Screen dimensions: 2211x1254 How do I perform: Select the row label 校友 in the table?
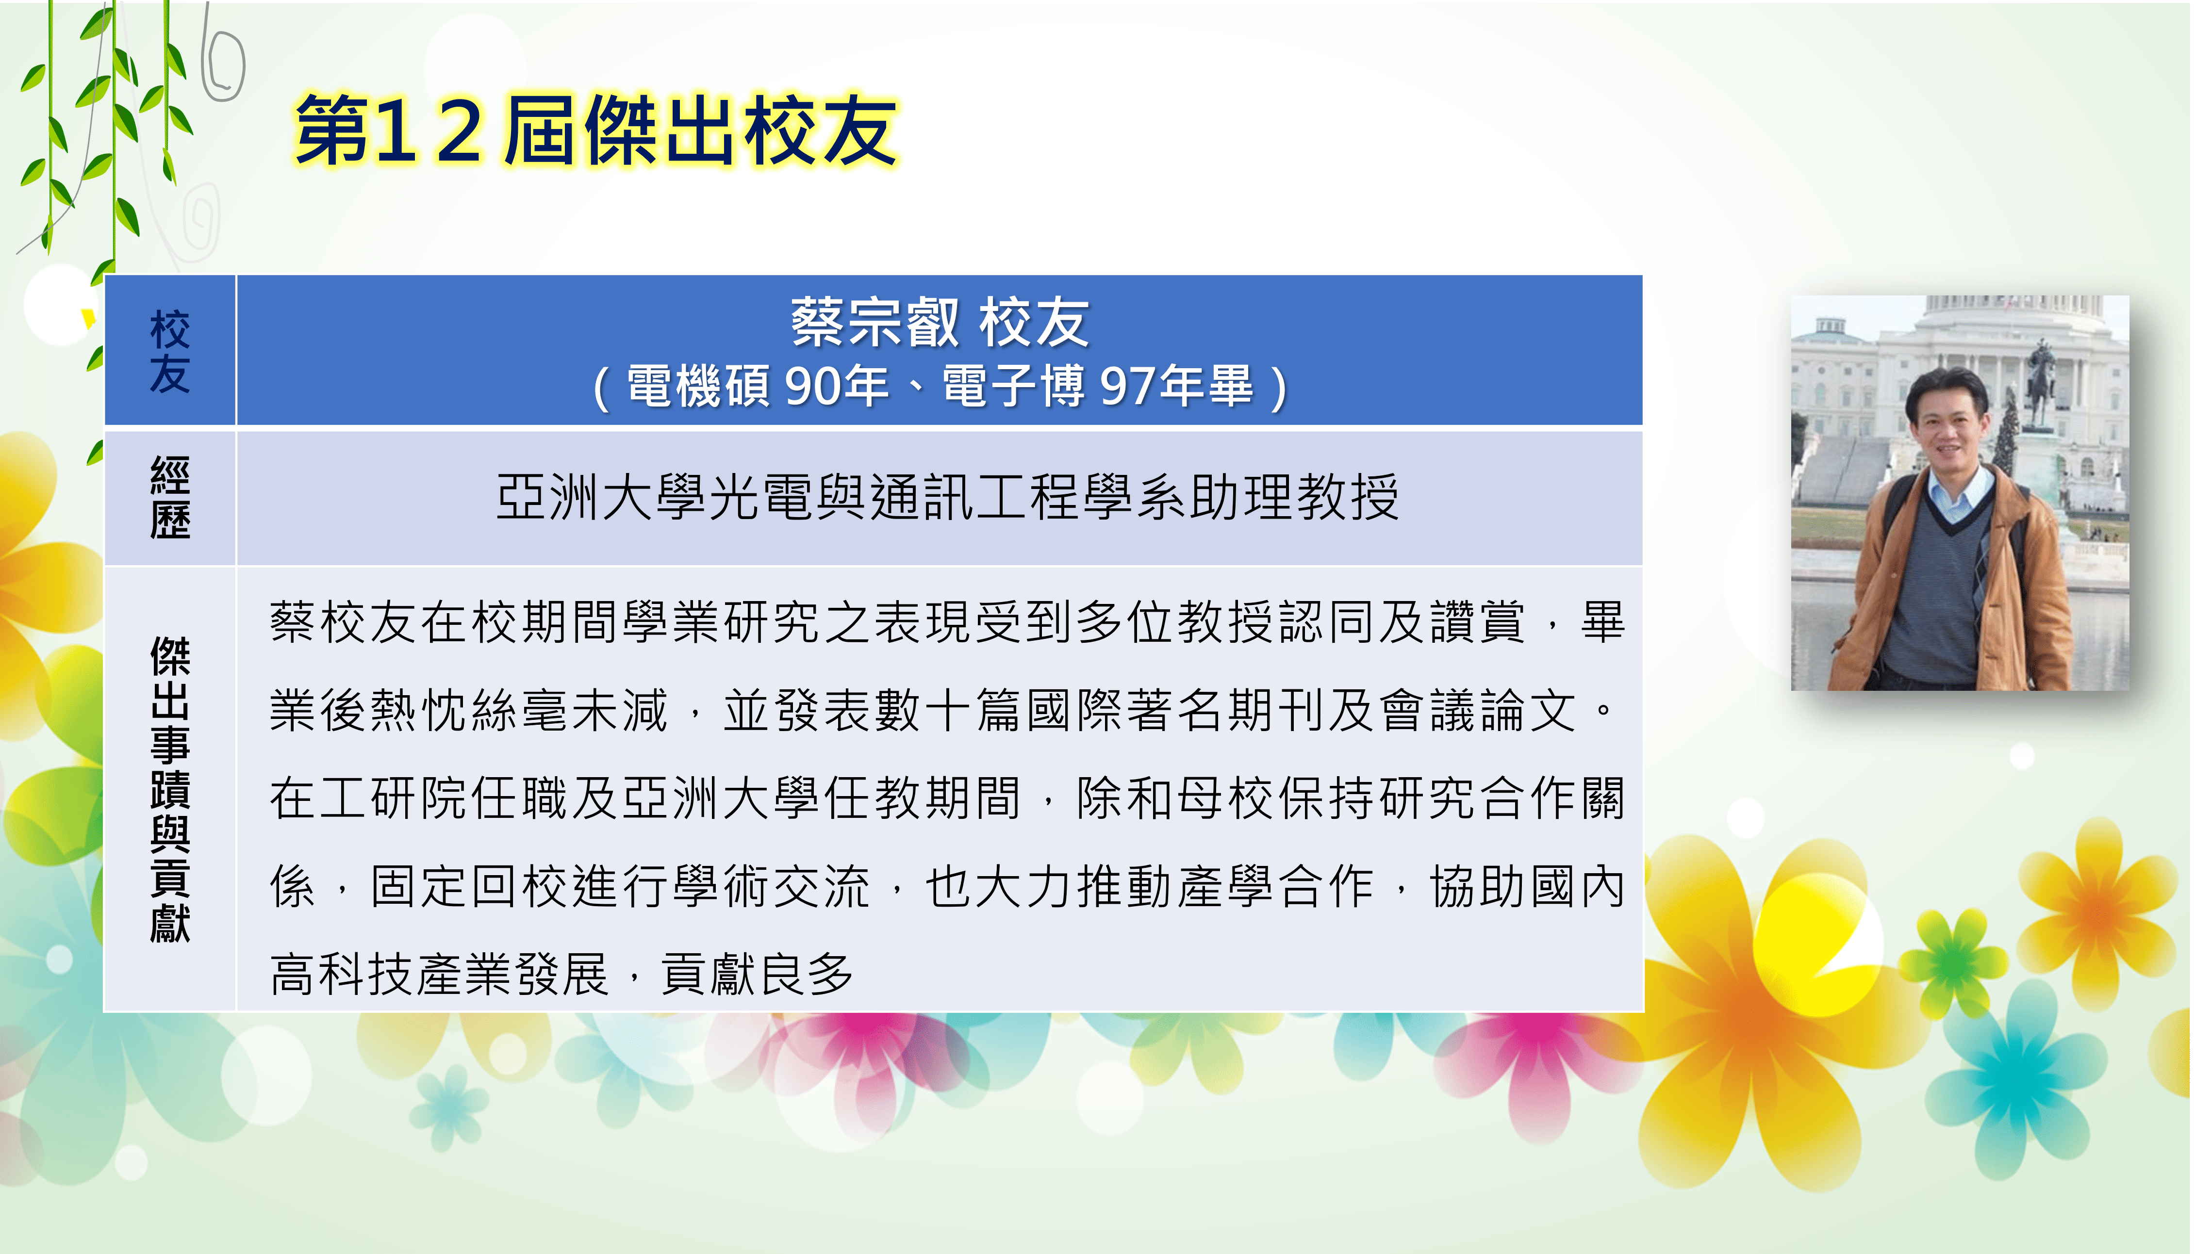(170, 351)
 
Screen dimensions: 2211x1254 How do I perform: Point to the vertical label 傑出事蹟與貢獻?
(170, 789)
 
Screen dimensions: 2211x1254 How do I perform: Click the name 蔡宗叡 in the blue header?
(874, 322)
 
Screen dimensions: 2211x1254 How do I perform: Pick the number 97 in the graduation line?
(1126, 385)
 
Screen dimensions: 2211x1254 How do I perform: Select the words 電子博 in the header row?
(1015, 385)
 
